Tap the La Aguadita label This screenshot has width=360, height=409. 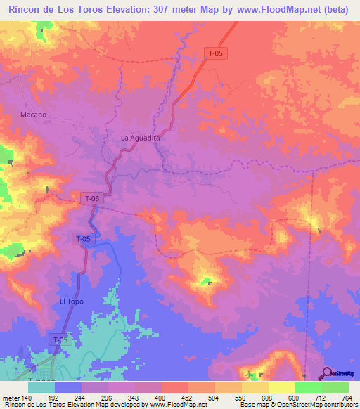[141, 138]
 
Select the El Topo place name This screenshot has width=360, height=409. [72, 301]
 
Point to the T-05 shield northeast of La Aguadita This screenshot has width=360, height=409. [215, 53]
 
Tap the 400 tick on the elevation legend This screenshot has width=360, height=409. [161, 398]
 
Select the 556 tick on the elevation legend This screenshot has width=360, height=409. [241, 398]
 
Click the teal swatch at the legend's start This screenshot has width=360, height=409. [41, 387]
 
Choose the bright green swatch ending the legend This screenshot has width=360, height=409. [335, 387]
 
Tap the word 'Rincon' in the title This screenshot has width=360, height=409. [27, 10]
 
